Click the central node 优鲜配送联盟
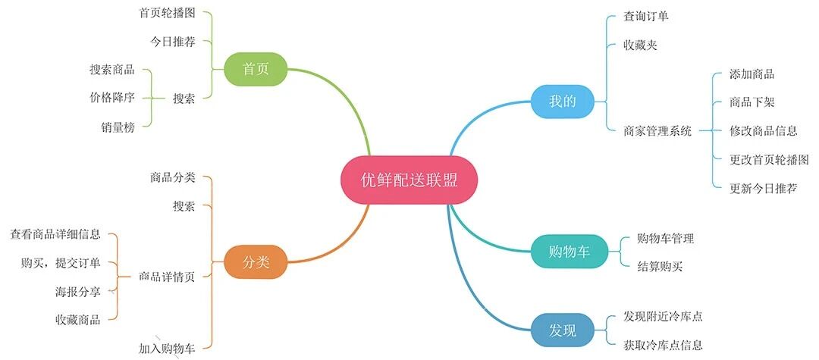coord(409,180)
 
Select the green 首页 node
coord(256,70)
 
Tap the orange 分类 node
coord(256,263)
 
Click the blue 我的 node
coord(561,102)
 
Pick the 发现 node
coord(563,330)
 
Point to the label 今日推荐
coord(173,41)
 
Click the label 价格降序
coord(112,98)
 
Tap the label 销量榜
coord(118,127)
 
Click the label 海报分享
coord(78,291)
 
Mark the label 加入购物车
coord(168,349)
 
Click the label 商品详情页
coord(168,277)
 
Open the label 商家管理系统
coord(657,130)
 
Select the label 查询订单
coord(646,16)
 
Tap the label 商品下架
coord(752,102)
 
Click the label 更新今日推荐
coord(763,187)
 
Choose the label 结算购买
coord(660,266)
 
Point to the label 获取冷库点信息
coord(663,345)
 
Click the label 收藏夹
coord(640,45)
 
